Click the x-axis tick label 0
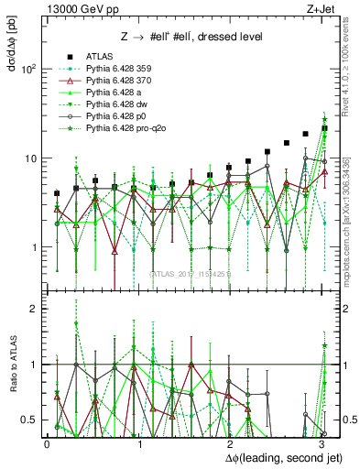tap(48, 443)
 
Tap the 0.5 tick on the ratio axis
tap(30, 419)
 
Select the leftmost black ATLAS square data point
tap(57, 193)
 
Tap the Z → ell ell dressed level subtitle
tap(192, 36)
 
